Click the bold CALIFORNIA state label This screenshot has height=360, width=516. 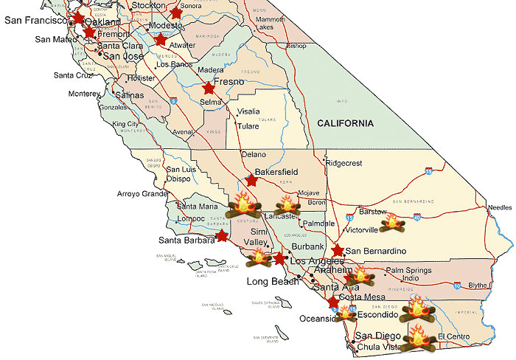click(x=345, y=123)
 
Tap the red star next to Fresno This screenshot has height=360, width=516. click(x=209, y=88)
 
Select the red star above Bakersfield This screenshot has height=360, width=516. click(x=251, y=180)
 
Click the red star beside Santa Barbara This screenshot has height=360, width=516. click(x=221, y=236)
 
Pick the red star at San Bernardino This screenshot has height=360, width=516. click(x=338, y=251)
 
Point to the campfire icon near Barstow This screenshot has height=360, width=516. click(x=394, y=221)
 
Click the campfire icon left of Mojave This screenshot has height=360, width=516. click(x=286, y=205)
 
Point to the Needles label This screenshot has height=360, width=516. click(x=499, y=207)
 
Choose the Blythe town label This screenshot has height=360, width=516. click(x=478, y=285)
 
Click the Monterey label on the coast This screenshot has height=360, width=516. click(x=83, y=94)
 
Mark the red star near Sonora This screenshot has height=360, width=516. click(x=175, y=13)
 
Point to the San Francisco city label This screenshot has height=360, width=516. click(x=35, y=21)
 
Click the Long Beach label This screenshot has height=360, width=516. click(x=270, y=282)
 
